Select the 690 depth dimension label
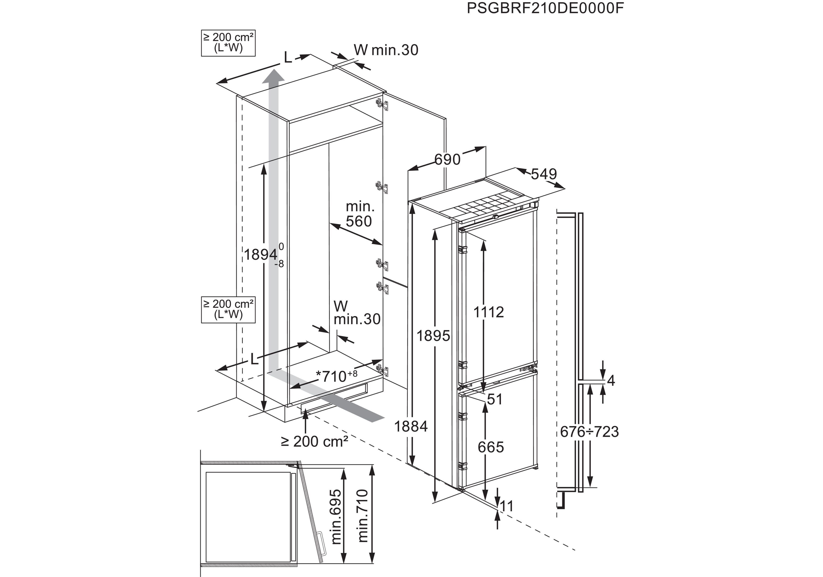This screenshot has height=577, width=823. point(447,159)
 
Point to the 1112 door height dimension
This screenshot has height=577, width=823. point(489,312)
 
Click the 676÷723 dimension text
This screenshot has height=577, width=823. point(589,432)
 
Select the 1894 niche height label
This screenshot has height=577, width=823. point(261,255)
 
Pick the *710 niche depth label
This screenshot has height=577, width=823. point(336,376)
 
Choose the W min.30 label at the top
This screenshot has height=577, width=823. point(386,50)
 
